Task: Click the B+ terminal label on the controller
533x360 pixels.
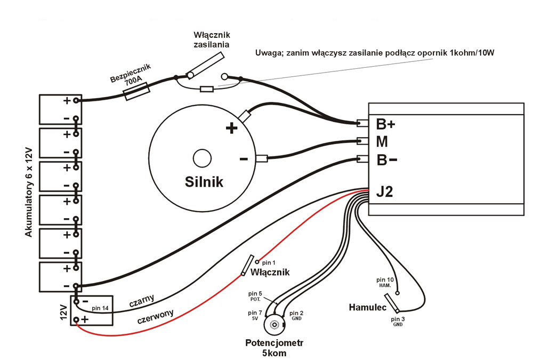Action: (386, 124)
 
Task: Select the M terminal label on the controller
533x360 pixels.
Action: (382, 142)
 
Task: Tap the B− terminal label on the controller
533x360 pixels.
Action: (386, 160)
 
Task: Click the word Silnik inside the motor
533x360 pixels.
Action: (204, 181)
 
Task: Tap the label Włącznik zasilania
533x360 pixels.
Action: (211, 40)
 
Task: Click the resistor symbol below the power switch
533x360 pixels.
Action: (207, 89)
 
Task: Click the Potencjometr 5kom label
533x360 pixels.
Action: (274, 348)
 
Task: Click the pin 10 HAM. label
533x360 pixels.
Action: (385, 283)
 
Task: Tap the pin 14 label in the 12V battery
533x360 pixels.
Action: (101, 308)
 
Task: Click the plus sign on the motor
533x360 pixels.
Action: (231, 129)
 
